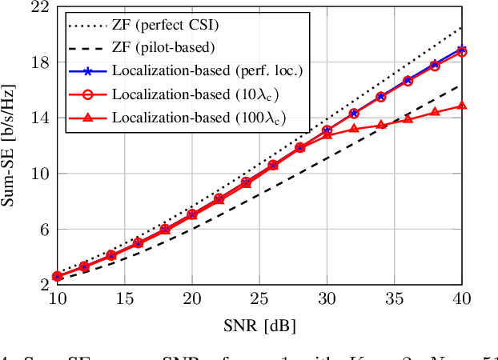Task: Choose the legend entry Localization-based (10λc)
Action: [x=181, y=94]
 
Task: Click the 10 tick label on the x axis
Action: [x=57, y=298]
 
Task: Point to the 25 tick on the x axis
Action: [x=259, y=298]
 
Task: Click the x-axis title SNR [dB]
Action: [x=259, y=326]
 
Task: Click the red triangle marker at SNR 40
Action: [x=462, y=106]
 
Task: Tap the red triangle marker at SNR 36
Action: [x=408, y=118]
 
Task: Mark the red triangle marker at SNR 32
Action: [x=354, y=128]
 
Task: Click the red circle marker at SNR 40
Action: [x=462, y=52]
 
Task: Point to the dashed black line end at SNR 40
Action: [x=462, y=85]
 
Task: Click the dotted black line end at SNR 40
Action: [x=462, y=27]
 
